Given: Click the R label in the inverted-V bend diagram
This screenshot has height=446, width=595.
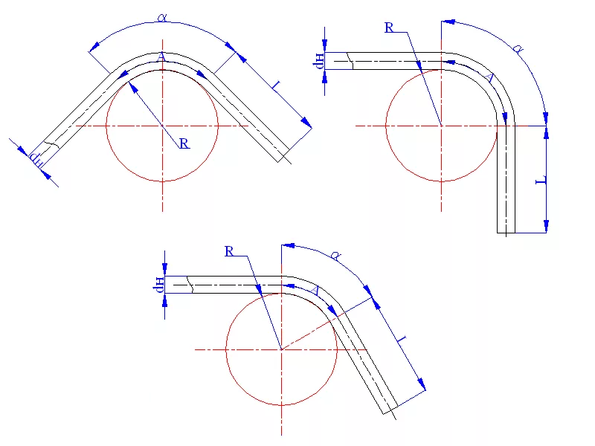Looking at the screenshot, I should pos(184,143).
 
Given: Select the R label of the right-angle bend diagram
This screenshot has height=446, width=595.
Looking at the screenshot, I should pos(389,28).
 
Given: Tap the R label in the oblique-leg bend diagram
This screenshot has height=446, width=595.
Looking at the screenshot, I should pos(229,251).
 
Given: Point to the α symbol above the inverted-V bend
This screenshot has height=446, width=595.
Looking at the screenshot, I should pos(163,16).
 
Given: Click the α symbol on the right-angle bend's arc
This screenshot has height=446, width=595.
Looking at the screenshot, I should pos(518,50).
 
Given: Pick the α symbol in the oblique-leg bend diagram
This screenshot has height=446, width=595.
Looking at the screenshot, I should pos(335,256).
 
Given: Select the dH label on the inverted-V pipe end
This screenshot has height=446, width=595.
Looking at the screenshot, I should pos(36,158).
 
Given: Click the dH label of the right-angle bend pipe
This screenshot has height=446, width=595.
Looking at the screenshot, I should pos(319,61).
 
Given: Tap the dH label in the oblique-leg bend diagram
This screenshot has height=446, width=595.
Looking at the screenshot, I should pos(159,284).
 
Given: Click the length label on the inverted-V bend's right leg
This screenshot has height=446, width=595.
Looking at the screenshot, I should pos(274,88).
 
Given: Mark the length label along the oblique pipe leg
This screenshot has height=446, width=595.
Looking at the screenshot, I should pos(402,340).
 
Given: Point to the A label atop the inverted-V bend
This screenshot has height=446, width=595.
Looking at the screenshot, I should pos(161,57).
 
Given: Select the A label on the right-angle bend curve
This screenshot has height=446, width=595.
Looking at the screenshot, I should pos(489,77).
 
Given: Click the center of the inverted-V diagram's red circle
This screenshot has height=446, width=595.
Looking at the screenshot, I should pos(162,126).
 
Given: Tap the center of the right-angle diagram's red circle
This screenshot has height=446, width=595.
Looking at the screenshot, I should pos(442,126).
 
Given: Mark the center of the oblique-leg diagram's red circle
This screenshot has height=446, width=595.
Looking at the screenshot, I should pos(281,349).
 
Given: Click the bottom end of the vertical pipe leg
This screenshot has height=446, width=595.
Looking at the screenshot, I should pos(506,233).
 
